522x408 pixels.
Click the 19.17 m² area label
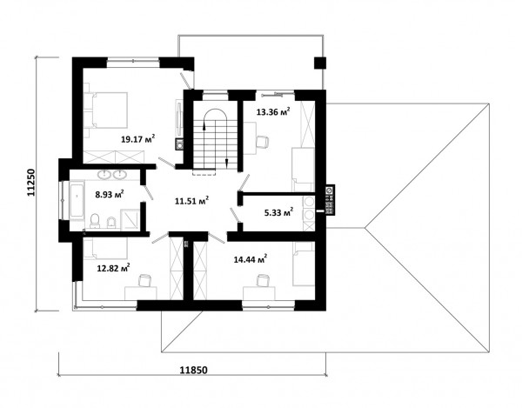click(x=138, y=138)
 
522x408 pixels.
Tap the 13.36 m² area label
click(x=273, y=111)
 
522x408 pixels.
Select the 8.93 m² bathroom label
click(x=110, y=194)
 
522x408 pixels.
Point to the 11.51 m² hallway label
click(x=191, y=201)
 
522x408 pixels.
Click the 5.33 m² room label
click(x=278, y=212)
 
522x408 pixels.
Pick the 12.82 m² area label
click(x=113, y=268)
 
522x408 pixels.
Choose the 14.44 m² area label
click(x=251, y=259)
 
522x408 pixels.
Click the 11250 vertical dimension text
click(x=30, y=183)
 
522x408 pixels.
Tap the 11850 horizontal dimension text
click(x=193, y=370)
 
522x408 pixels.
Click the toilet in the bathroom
click(x=95, y=221)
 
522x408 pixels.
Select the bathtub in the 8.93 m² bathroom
click(x=77, y=200)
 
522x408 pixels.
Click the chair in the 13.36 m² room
click(x=263, y=142)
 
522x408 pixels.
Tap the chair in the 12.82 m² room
click(x=144, y=279)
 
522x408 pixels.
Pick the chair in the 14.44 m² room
click(x=263, y=279)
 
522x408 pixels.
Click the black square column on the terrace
click(x=320, y=63)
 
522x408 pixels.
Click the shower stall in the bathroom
click(x=130, y=219)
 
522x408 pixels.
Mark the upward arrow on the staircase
click(x=204, y=125)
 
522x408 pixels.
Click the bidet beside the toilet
click(x=110, y=223)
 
